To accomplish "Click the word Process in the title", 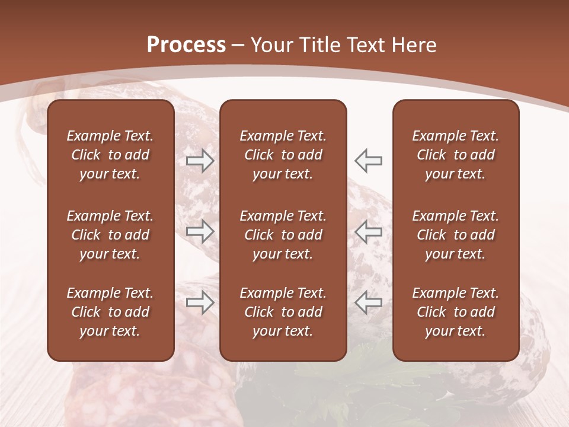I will tap(186, 45).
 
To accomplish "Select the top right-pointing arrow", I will tap(200, 161).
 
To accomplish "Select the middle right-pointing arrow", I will tap(200, 231).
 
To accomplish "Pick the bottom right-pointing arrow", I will tap(200, 302).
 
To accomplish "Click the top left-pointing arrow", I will tap(368, 161).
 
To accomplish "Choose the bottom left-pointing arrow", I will tap(368, 302).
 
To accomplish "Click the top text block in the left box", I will tap(110, 155).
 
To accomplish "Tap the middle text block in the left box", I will tap(110, 235).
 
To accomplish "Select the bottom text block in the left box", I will tap(110, 312).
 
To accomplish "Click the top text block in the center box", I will tap(283, 155).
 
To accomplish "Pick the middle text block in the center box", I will tap(283, 235).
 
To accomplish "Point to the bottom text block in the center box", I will tap(283, 312).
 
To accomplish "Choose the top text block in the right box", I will tap(456, 155).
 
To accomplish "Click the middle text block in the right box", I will tap(456, 235).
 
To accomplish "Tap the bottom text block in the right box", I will tap(456, 312).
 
